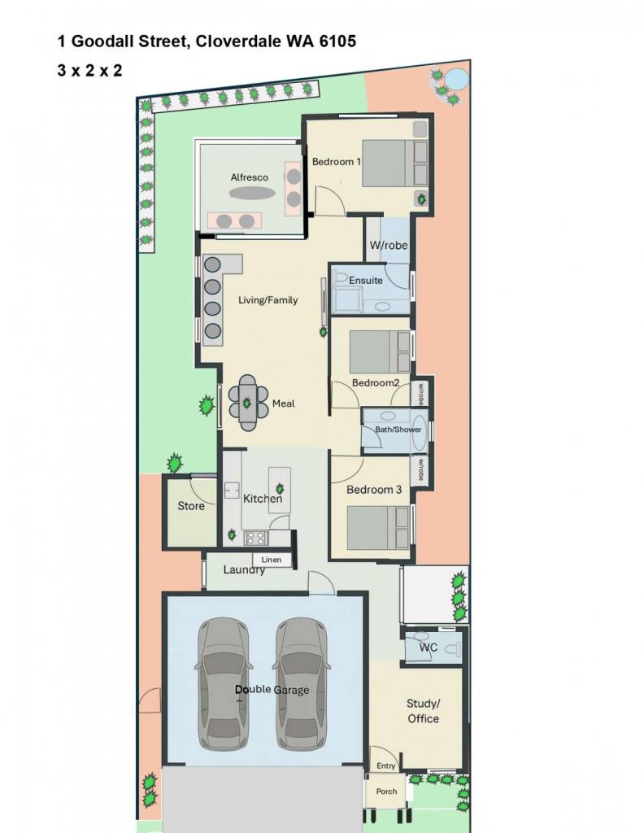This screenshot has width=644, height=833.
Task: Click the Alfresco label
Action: tap(249, 177)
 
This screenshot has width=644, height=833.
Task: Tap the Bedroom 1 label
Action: tap(336, 162)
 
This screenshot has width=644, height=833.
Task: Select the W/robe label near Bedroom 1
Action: tap(389, 246)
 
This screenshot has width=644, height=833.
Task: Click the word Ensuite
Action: tap(365, 280)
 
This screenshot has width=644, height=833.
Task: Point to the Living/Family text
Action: tap(268, 300)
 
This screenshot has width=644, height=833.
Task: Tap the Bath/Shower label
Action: tap(398, 430)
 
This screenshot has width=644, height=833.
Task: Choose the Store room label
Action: tap(190, 506)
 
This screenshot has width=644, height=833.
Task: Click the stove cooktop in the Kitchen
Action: tap(255, 539)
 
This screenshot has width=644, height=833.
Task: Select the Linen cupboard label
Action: tap(272, 560)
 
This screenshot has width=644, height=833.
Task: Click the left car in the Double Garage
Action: tap(224, 683)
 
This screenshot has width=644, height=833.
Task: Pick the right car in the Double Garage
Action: tap(301, 683)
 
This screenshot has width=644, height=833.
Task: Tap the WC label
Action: tap(429, 647)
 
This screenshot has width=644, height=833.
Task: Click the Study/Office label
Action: tap(423, 711)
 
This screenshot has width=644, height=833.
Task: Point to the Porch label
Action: tap(386, 791)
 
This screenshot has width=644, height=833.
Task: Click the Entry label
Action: tap(386, 765)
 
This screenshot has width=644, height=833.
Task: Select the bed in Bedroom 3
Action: tap(379, 527)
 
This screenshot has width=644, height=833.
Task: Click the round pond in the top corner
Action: tap(456, 81)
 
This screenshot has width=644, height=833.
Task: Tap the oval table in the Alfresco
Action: tap(253, 193)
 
